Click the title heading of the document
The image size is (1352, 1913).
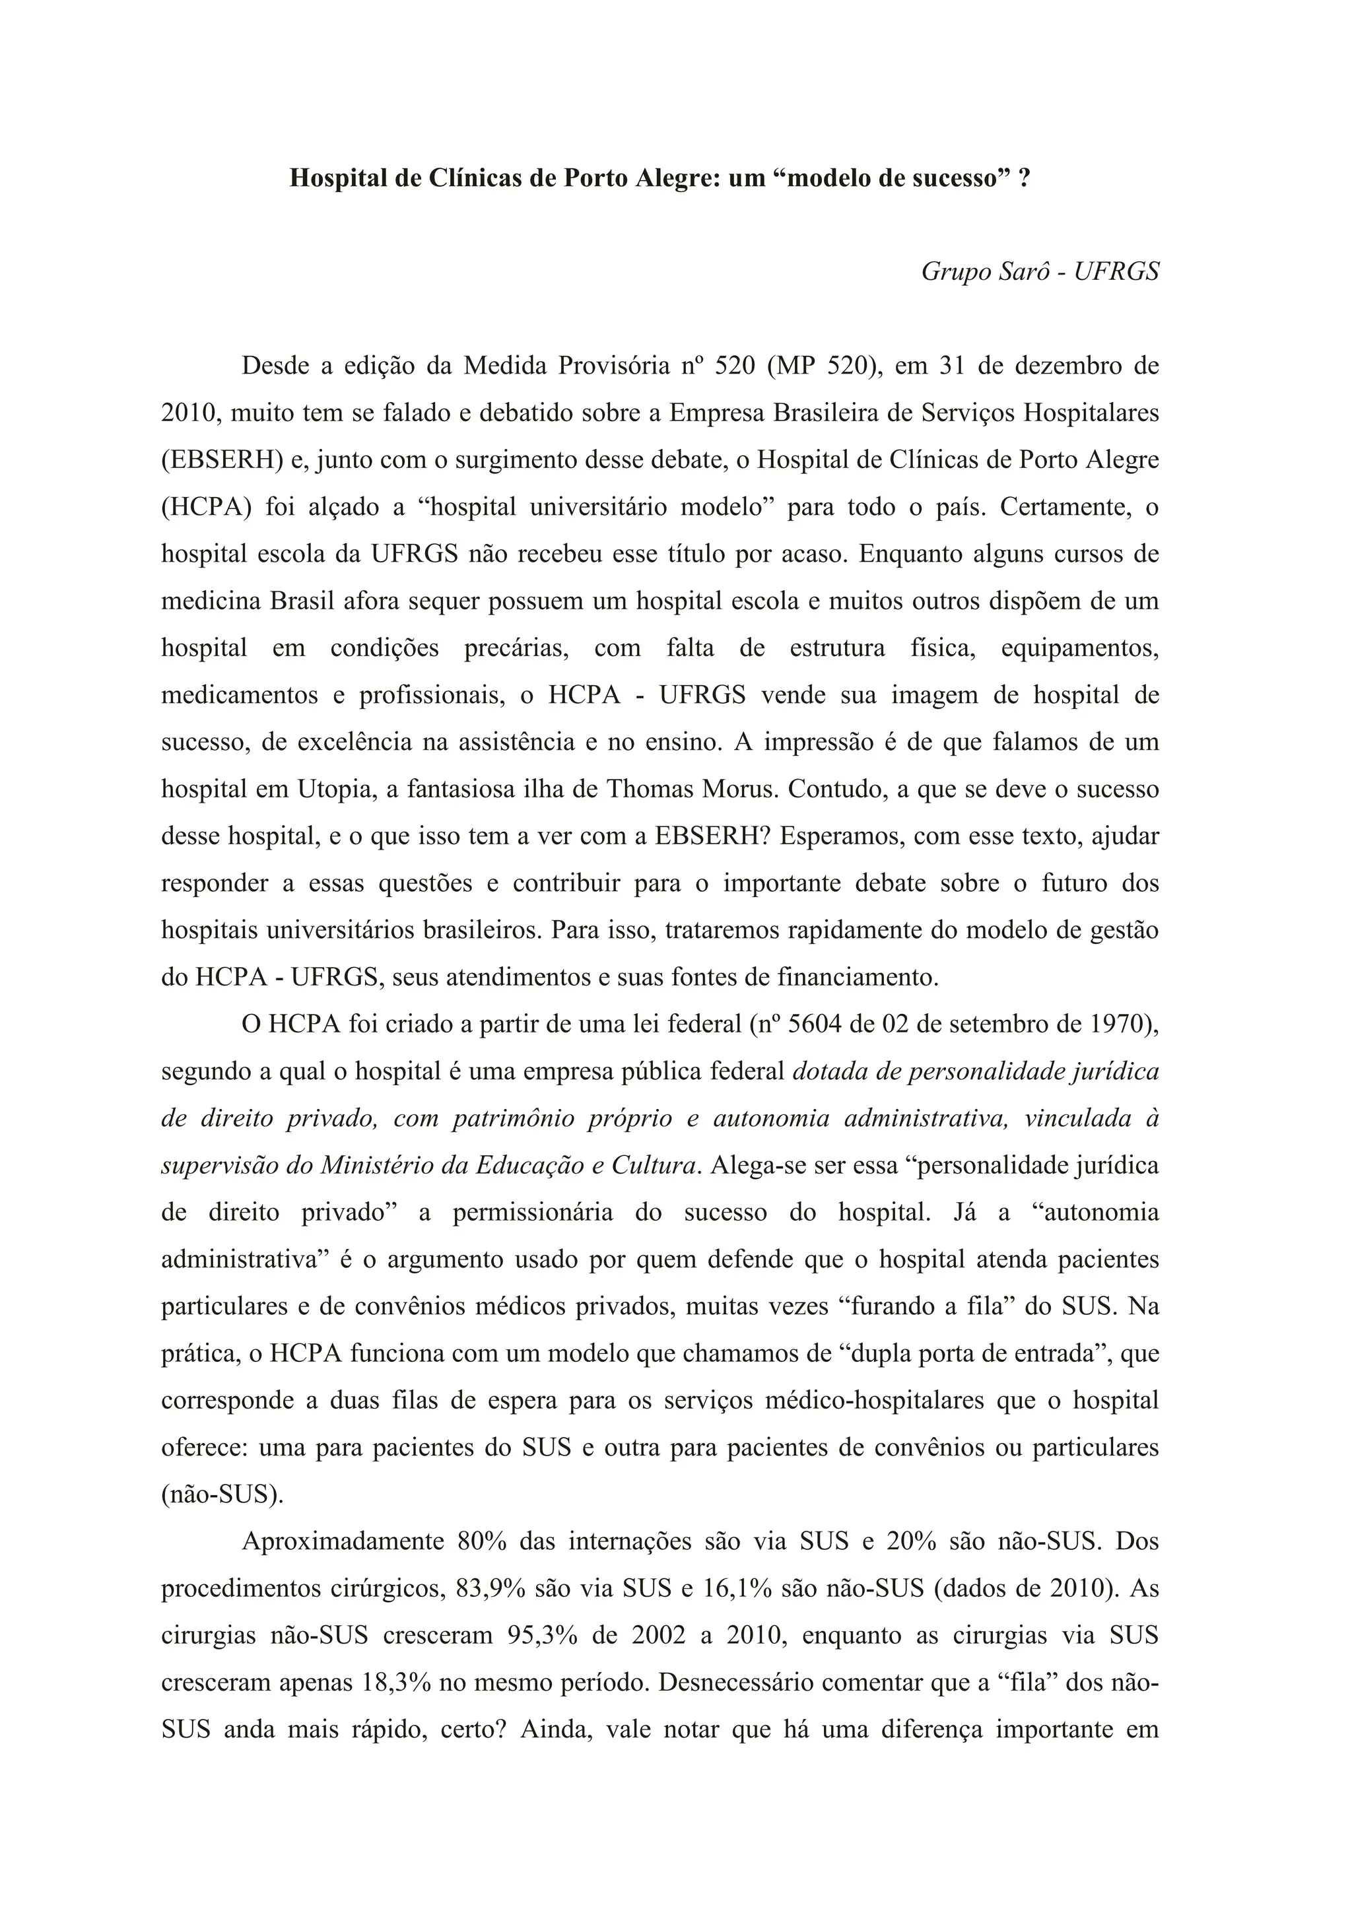[x=659, y=178]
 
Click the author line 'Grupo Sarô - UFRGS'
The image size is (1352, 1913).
[x=1040, y=273]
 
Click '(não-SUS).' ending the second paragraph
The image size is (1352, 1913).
[x=222, y=1494]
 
